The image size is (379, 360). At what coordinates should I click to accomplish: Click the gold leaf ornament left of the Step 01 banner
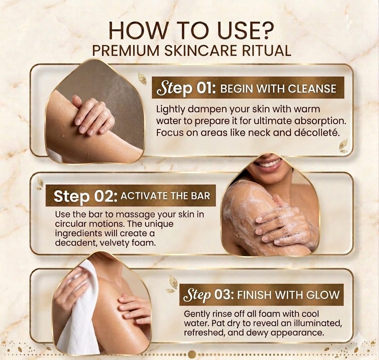142,79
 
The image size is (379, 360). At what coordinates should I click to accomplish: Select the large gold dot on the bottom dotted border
192,354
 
